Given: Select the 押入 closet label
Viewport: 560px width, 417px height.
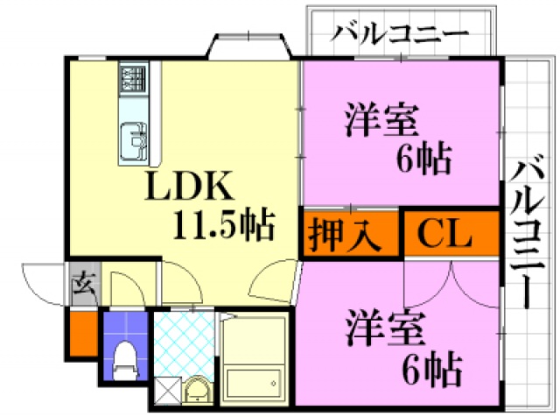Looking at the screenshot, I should tap(343, 234).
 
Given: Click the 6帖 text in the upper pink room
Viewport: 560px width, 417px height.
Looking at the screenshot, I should tap(423, 158).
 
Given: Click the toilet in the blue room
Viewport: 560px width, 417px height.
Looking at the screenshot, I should tap(124, 357).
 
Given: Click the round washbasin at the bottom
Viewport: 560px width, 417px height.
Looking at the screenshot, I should tap(196, 387).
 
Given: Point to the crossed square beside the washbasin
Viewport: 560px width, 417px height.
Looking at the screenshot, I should tap(165, 388).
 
